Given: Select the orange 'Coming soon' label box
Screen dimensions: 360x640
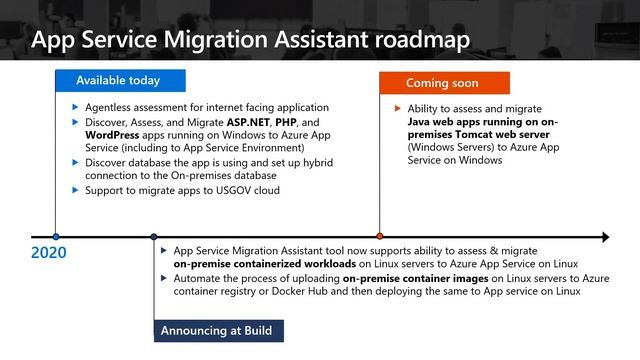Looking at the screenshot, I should click(x=443, y=83).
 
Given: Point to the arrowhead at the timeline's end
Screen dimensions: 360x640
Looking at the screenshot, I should click(x=603, y=237).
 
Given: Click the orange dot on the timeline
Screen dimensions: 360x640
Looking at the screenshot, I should click(x=379, y=237).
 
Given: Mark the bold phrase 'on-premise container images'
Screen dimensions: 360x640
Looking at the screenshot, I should click(x=423, y=278).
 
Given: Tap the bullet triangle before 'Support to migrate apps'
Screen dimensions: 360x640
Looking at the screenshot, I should click(x=74, y=190).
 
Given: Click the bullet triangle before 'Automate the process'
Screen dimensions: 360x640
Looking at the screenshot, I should click(x=163, y=278).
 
